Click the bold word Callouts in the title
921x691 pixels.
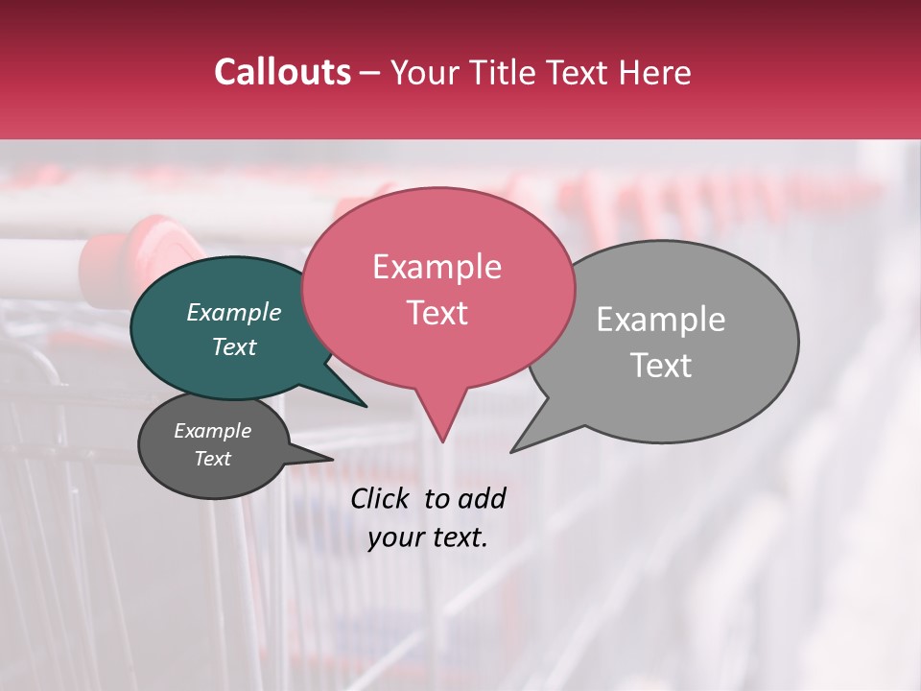click(x=282, y=72)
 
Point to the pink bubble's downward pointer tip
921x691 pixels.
click(x=442, y=441)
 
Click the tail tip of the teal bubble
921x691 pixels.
click(x=365, y=405)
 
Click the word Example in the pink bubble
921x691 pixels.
click(x=437, y=267)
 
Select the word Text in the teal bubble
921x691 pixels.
click(x=234, y=347)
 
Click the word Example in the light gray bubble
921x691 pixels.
click(x=660, y=320)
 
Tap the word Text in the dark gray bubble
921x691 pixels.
click(x=213, y=459)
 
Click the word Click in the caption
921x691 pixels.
click(x=379, y=498)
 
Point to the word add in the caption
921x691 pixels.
click(x=482, y=498)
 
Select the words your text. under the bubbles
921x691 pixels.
click(x=428, y=537)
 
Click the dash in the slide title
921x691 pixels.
click(x=371, y=73)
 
